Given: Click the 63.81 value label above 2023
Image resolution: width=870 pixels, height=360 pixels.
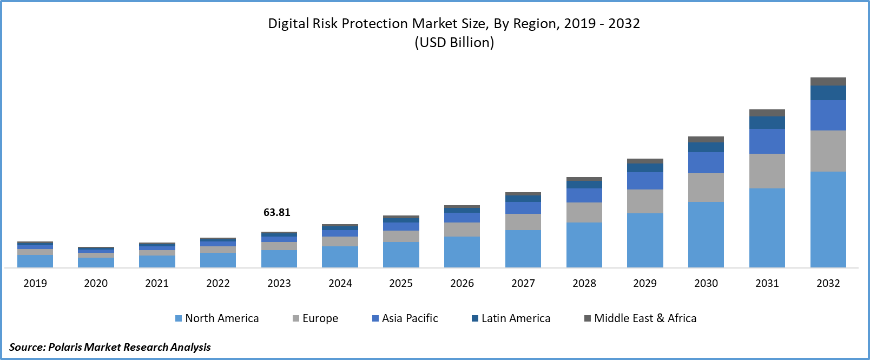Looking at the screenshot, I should pos(276,212).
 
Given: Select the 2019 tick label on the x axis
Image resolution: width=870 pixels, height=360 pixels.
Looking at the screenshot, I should pos(35,283).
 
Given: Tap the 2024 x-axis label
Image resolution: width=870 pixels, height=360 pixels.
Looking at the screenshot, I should pos(340,283).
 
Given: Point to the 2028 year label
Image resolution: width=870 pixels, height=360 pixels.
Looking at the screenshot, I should pos(584,283).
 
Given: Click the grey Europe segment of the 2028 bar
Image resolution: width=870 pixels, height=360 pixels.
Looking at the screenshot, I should pos(584,212).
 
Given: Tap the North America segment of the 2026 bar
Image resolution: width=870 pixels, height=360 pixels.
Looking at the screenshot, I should pos(462,252).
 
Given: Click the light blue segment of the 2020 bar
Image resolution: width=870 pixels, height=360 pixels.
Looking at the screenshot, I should pos(96,262).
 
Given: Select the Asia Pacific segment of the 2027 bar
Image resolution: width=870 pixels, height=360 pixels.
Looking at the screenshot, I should pos(523,208).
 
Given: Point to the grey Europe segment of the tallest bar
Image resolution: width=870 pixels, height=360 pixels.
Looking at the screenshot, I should pos(828,151).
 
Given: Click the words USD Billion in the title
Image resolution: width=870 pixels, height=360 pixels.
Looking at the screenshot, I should pos(454,42).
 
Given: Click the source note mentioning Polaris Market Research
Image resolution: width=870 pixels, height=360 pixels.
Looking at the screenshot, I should pos(110,347).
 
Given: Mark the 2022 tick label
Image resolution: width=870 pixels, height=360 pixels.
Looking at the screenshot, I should pos(218,283).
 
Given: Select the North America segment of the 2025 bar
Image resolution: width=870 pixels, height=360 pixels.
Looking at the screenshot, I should pos(401,254).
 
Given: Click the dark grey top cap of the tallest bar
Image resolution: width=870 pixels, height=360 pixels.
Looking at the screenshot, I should pos(828,81).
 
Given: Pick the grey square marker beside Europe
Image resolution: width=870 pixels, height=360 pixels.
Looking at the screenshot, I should pos(296,318).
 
